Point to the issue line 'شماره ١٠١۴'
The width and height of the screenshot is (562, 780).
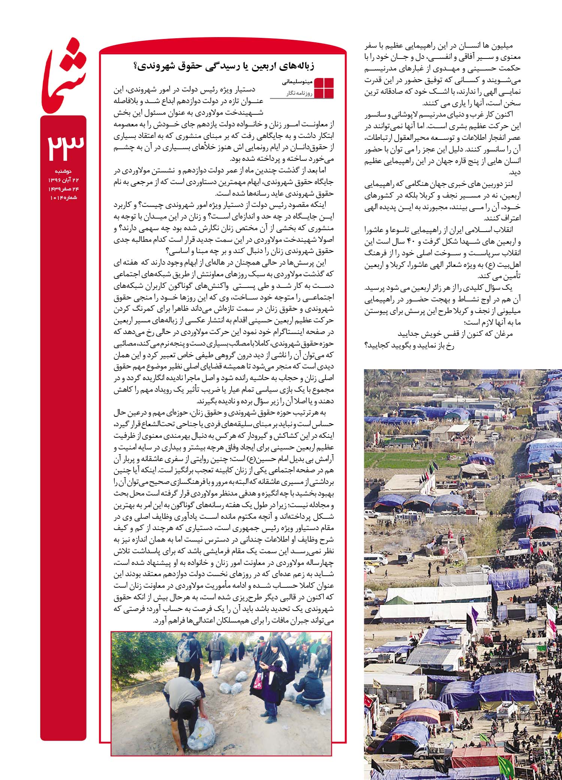[63, 198]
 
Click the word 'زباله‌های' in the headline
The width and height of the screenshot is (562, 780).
[300, 66]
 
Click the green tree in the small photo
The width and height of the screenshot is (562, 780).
[131, 652]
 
